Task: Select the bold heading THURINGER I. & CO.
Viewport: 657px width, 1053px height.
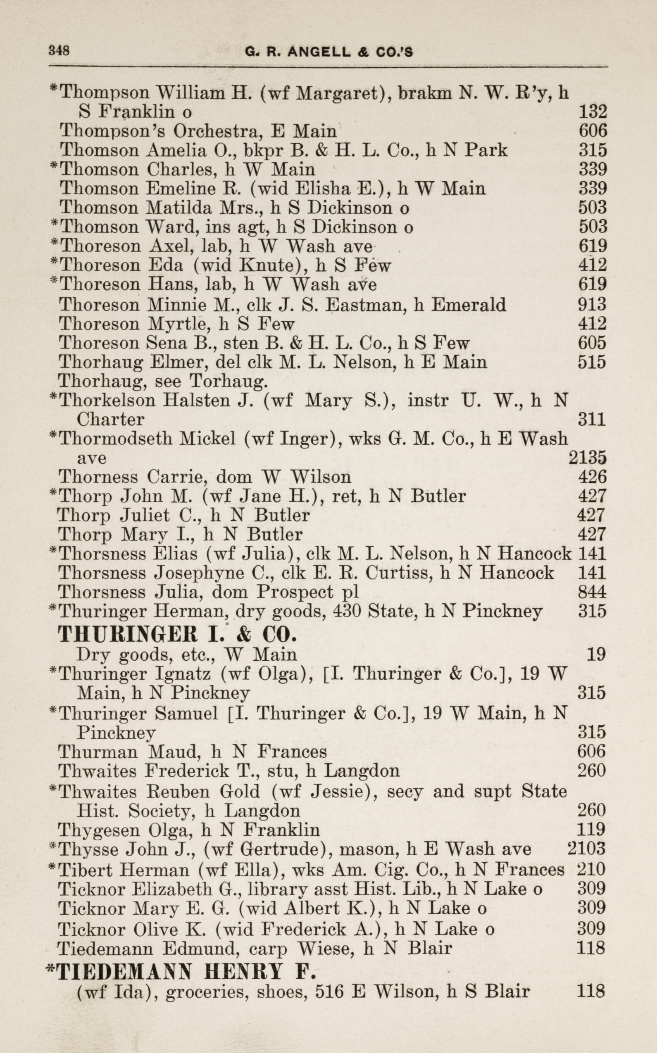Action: click(178, 635)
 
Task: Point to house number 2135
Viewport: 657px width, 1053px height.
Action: click(588, 458)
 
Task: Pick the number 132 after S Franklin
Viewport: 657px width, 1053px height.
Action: click(593, 112)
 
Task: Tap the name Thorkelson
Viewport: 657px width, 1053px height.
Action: click(107, 400)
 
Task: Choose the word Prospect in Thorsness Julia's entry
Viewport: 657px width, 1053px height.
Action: click(295, 592)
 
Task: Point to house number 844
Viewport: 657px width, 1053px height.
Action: click(592, 592)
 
